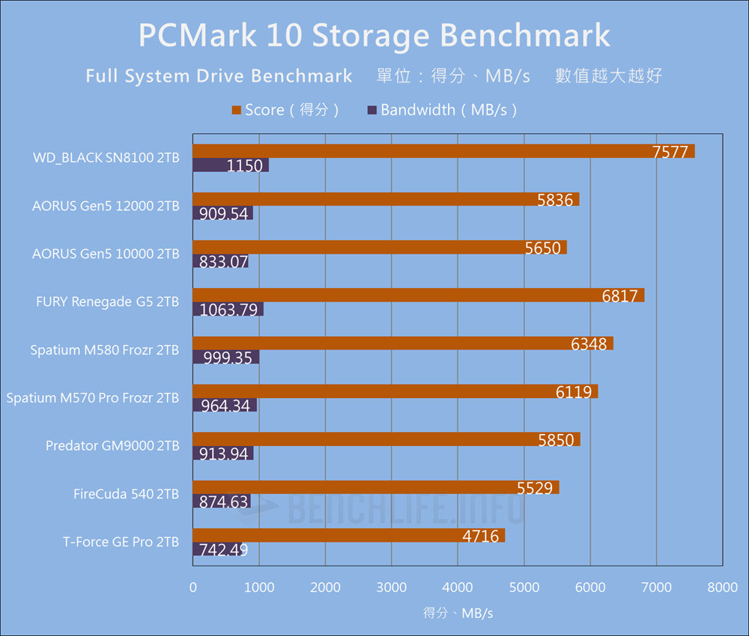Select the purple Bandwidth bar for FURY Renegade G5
[x=228, y=309]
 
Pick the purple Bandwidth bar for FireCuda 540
[x=221, y=501]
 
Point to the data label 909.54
[x=223, y=213]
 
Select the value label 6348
[x=589, y=344]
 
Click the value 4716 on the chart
[x=480, y=536]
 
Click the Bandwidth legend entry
[x=442, y=110]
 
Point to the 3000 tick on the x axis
[x=392, y=588]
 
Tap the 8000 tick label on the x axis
[x=722, y=588]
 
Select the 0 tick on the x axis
[x=193, y=588]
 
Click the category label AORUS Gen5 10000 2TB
[x=106, y=254]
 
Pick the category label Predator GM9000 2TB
[x=112, y=446]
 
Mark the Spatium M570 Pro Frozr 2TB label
[x=93, y=398]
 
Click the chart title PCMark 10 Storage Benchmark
[x=374, y=36]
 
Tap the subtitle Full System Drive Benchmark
[x=219, y=76]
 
